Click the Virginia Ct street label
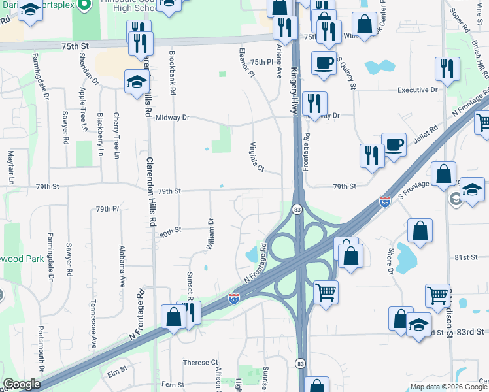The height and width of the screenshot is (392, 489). (x=256, y=157)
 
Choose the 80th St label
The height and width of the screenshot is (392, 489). (x=170, y=231)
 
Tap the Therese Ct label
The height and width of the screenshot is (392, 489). (x=200, y=363)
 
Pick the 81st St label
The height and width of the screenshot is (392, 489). (x=467, y=257)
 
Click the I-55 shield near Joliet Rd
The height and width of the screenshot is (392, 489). (x=385, y=203)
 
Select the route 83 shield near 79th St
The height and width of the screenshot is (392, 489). (x=297, y=209)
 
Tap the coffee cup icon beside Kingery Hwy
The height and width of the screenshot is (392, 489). (x=324, y=63)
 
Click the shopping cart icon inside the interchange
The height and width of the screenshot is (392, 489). (x=325, y=291)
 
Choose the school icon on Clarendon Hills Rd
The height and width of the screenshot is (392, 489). (x=137, y=81)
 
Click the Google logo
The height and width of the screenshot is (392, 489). (x=22, y=384)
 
